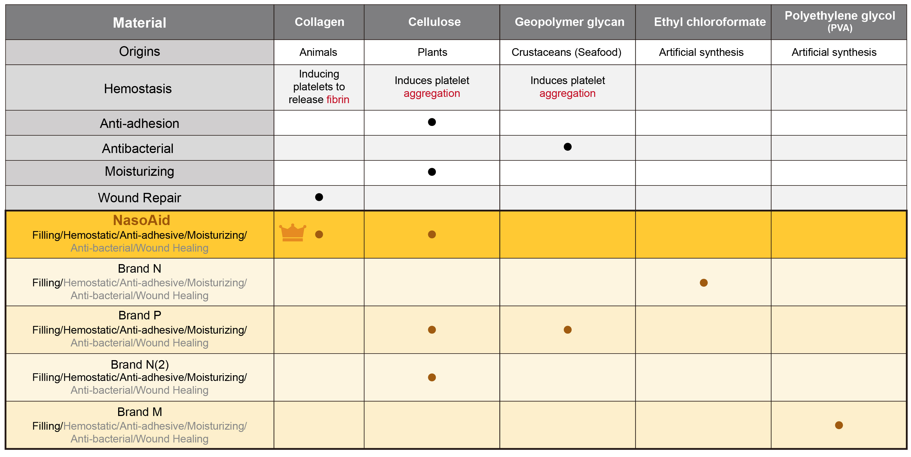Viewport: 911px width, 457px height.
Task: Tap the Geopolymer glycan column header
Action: pos(569,22)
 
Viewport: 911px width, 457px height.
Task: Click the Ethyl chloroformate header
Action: pos(709,22)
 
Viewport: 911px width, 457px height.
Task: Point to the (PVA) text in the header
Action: pos(840,28)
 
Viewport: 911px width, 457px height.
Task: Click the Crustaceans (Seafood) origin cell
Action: pos(566,52)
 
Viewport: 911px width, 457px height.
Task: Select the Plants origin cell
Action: pos(432,52)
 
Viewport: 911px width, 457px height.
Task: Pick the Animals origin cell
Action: pos(318,52)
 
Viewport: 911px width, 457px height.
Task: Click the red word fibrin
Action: pos(337,100)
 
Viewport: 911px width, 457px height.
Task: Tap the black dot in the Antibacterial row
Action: pos(567,147)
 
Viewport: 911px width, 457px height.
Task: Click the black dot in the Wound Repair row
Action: pos(319,197)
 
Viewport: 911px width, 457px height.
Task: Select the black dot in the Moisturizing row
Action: pos(432,172)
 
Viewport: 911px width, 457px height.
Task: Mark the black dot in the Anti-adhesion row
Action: pos(432,122)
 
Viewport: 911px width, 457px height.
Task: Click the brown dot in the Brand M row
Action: pos(838,425)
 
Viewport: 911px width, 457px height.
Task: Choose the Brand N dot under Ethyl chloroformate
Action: pos(703,283)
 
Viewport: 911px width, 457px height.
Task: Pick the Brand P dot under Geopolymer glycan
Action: pos(567,330)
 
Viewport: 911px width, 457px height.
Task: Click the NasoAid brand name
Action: pos(141,220)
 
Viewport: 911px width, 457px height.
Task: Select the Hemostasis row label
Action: pos(138,89)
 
